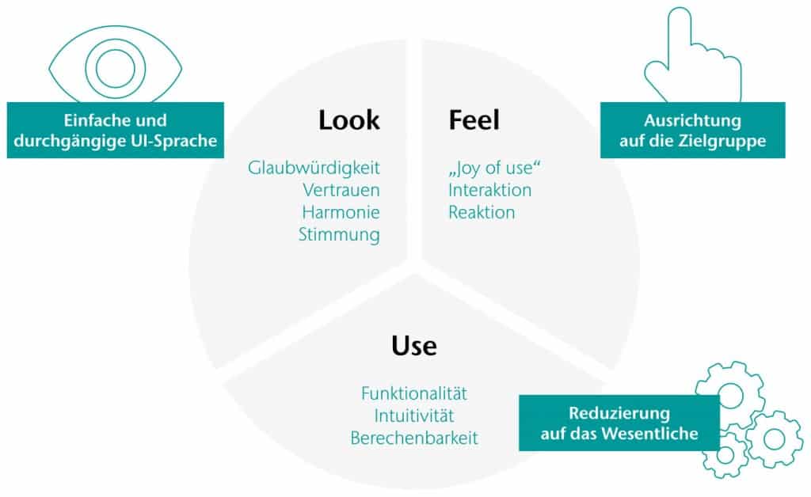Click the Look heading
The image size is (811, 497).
348,120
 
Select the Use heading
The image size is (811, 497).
414,346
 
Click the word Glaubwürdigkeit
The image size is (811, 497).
314,168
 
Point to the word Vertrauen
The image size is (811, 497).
341,190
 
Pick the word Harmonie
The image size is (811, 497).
341,212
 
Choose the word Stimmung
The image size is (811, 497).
339,234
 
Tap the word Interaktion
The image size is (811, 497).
489,190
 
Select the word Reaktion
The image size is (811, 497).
482,212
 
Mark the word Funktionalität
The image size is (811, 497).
414,393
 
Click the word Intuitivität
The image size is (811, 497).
414,415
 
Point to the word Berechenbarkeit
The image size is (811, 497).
414,438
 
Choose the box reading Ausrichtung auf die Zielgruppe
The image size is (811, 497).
692,131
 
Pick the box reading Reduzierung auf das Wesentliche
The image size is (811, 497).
619,423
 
